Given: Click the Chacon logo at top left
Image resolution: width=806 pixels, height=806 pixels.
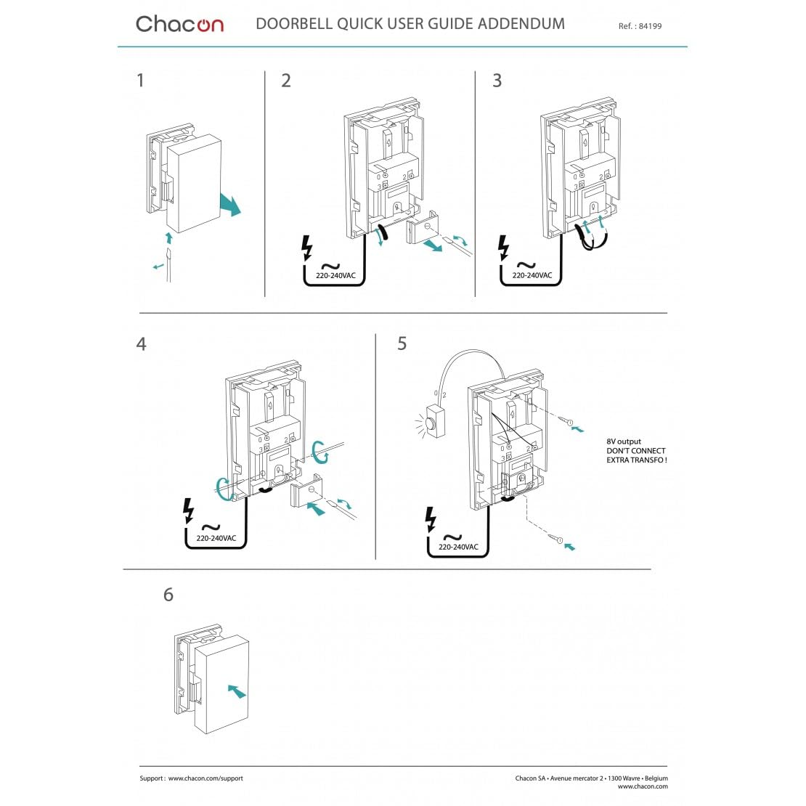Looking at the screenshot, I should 179,24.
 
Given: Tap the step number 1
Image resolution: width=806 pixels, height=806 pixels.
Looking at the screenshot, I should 140,80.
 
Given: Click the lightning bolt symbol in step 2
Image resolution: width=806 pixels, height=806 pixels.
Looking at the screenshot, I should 307,248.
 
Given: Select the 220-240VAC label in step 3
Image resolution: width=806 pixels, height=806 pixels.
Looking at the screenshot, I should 532,276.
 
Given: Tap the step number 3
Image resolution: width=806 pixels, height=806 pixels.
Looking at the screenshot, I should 497,80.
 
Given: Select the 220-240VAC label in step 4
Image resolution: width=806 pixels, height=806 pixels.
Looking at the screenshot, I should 216,538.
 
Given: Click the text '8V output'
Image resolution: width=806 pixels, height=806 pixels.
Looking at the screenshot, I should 624,441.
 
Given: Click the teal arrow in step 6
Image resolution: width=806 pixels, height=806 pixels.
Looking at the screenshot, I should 236,691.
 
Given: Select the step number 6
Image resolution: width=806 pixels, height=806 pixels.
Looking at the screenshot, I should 168,595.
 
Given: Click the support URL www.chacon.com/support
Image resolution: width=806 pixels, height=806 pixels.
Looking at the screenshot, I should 205,778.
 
